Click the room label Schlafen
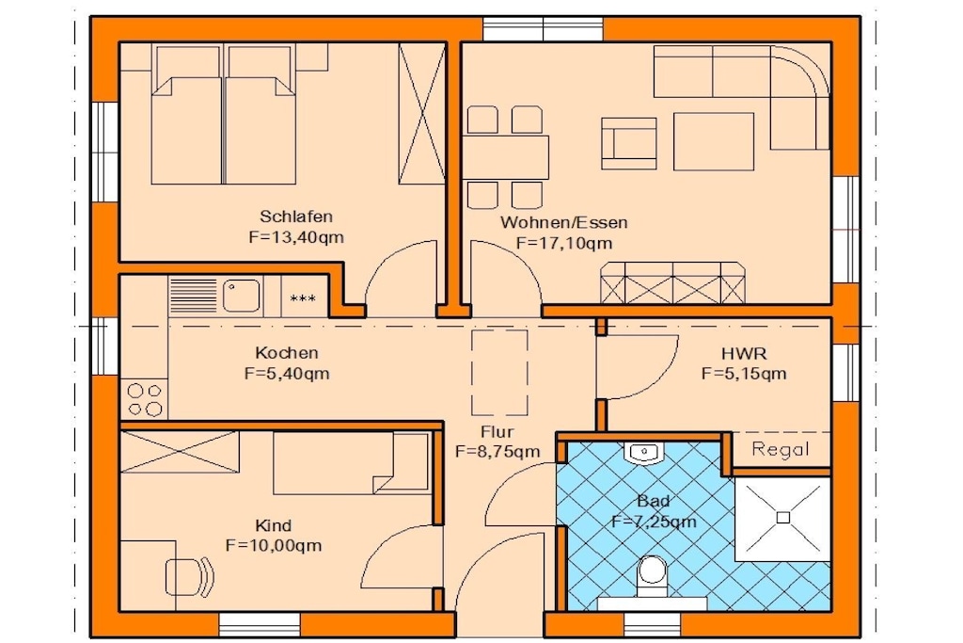pyautogui.click(x=296, y=217)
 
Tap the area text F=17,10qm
pyautogui.click(x=564, y=243)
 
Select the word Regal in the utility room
pyautogui.click(x=780, y=449)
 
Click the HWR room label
pyautogui.click(x=744, y=353)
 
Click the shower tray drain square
pyautogui.click(x=783, y=518)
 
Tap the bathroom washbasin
pyautogui.click(x=643, y=452)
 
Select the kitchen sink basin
pyautogui.click(x=242, y=296)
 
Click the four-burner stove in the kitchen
pyautogui.click(x=145, y=399)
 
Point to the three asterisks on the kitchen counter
pyautogui.click(x=303, y=298)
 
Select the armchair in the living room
pyautogui.click(x=629, y=143)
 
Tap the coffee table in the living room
pyautogui.click(x=714, y=141)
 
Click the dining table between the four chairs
pyautogui.click(x=505, y=157)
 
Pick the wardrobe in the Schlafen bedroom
pyautogui.click(x=422, y=113)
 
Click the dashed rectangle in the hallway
pyautogui.click(x=500, y=373)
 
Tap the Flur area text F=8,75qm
pyautogui.click(x=497, y=452)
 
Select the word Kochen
pyautogui.click(x=287, y=353)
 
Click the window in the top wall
pyautogui.click(x=543, y=29)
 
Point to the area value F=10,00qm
pyautogui.click(x=274, y=545)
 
